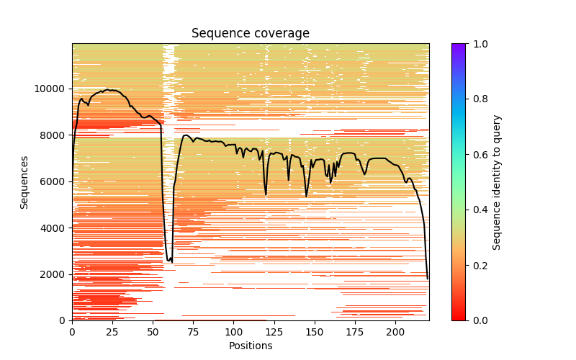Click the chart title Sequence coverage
pyautogui.click(x=251, y=34)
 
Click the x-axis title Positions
pyautogui.click(x=251, y=346)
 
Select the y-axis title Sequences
pyautogui.click(x=24, y=182)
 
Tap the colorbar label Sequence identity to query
pyautogui.click(x=497, y=182)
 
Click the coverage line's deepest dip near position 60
pyautogui.click(x=168, y=261)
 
